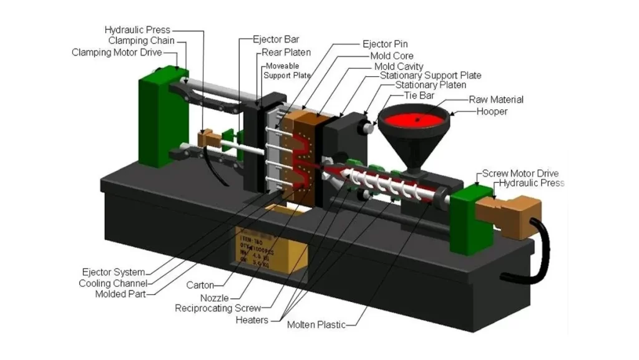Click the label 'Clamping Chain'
click(140, 41)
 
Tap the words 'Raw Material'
click(496, 100)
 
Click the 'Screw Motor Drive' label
click(521, 173)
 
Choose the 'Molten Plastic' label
click(316, 325)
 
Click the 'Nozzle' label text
click(214, 298)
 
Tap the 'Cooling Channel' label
click(112, 283)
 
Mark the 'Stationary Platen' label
click(431, 85)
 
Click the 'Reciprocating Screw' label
click(218, 308)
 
